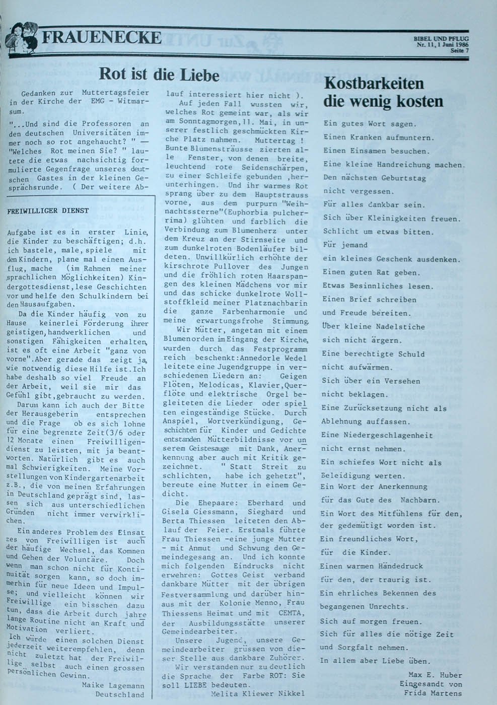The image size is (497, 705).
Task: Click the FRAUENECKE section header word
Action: click(x=102, y=38)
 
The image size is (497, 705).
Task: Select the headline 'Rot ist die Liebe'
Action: click(x=159, y=75)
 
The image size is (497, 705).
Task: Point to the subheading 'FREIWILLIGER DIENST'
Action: click(x=48, y=210)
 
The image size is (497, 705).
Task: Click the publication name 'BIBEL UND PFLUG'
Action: click(x=441, y=39)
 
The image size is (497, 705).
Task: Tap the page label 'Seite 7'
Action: click(x=459, y=51)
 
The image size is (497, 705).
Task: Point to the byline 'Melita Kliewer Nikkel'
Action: click(x=259, y=693)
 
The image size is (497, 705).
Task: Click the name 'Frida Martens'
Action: click(x=433, y=693)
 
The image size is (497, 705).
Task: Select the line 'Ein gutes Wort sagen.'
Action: click(x=370, y=123)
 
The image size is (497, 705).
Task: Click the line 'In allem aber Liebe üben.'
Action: click(x=375, y=661)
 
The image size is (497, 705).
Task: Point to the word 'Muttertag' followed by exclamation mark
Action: click(x=276, y=140)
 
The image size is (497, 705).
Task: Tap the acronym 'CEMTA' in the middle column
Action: click(x=289, y=613)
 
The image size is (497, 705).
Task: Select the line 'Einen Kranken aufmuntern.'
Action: click(x=379, y=137)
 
